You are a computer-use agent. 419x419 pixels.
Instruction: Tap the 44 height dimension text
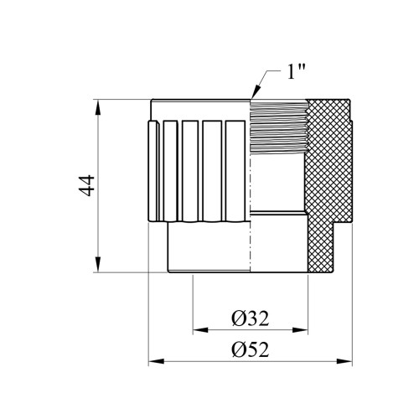pyautogui.click(x=86, y=185)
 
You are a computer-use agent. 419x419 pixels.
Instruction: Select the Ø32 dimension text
pyautogui.click(x=251, y=318)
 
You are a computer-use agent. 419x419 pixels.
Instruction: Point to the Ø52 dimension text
pyautogui.click(x=251, y=349)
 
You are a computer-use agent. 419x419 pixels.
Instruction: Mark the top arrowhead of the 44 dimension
pyautogui.click(x=97, y=106)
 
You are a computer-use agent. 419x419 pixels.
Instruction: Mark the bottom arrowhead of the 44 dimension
pyautogui.click(x=97, y=264)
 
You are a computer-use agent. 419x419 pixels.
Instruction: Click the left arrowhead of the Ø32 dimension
pyautogui.click(x=200, y=330)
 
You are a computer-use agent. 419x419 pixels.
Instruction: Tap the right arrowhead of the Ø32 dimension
pyautogui.click(x=300, y=330)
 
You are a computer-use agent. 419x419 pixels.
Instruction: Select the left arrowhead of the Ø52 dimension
pyautogui.click(x=156, y=361)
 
